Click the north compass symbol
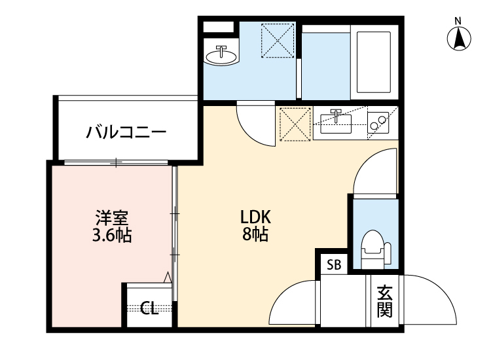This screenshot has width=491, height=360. (460, 39)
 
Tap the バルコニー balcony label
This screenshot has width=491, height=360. (126, 134)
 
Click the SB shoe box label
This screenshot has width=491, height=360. (334, 265)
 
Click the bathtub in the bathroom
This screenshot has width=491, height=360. (374, 61)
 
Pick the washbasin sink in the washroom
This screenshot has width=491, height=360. (221, 56)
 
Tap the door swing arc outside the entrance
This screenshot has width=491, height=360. (431, 298)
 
